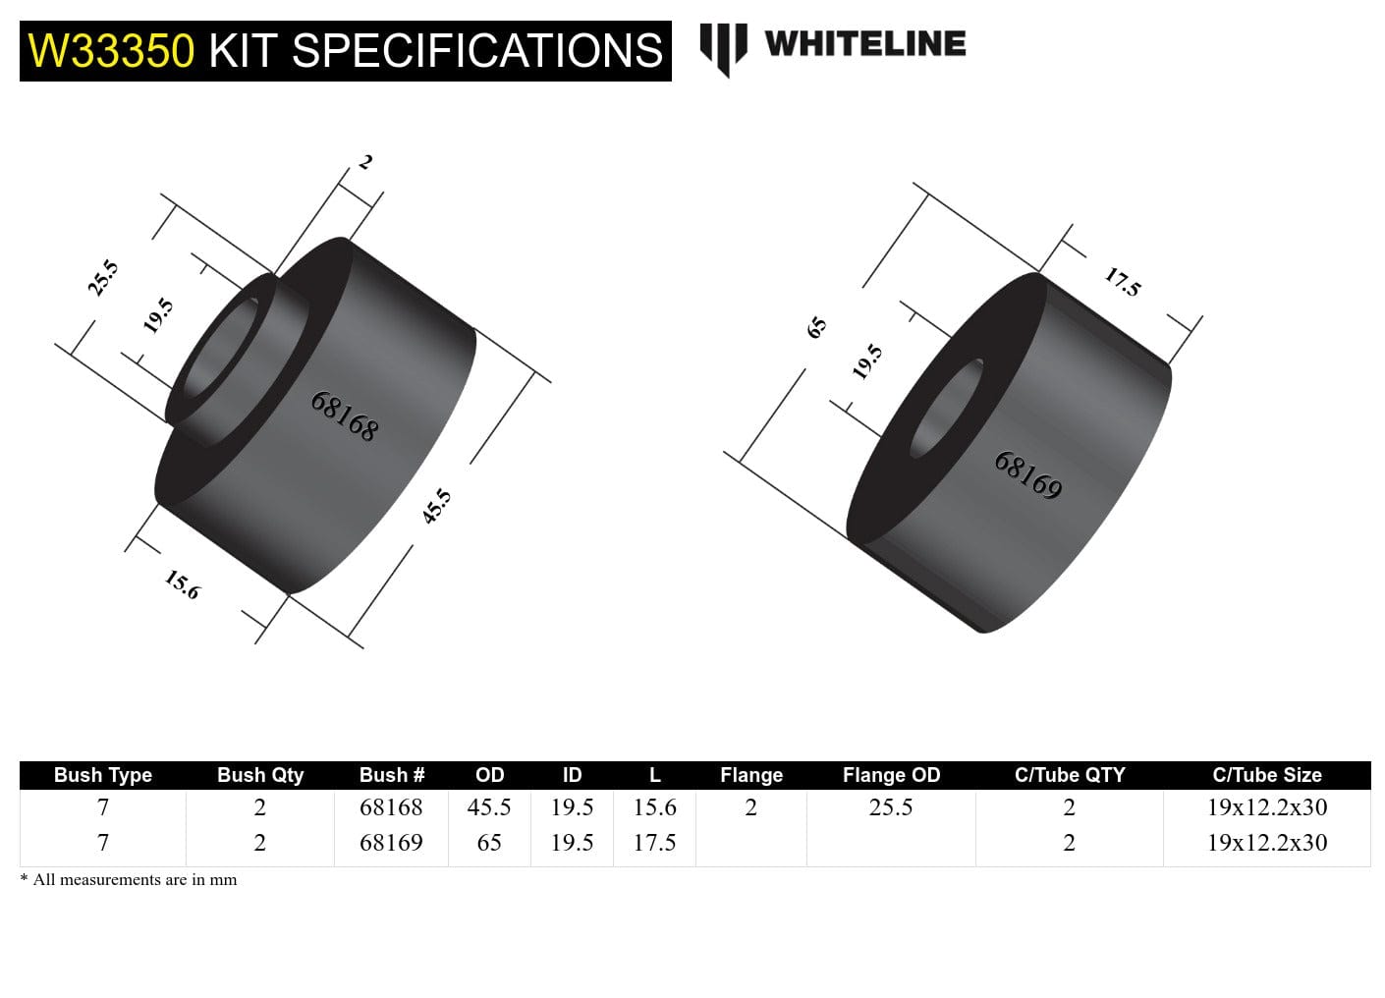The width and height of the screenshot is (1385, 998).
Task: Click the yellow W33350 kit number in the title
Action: (111, 51)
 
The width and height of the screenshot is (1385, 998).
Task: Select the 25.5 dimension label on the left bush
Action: (103, 278)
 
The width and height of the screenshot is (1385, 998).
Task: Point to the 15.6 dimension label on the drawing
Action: (183, 584)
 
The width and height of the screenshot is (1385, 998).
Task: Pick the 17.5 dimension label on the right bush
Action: (1123, 282)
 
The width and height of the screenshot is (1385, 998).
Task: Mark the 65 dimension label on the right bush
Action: (816, 327)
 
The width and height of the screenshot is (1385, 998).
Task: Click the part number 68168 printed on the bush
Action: (344, 416)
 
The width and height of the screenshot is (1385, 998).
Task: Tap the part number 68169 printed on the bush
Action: (1028, 475)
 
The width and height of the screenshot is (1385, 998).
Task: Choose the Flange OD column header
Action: (891, 775)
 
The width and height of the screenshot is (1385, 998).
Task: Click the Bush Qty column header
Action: (260, 775)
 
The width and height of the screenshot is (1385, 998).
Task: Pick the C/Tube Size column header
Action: (1267, 775)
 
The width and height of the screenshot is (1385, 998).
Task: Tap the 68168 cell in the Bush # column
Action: (391, 807)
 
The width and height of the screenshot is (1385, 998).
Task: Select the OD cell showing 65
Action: (489, 843)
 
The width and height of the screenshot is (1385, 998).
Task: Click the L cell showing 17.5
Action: (654, 843)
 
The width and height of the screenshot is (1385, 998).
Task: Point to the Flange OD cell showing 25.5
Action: (891, 807)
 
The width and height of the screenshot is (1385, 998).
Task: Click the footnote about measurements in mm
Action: (129, 880)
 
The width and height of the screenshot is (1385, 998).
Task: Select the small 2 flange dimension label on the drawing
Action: (364, 162)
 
